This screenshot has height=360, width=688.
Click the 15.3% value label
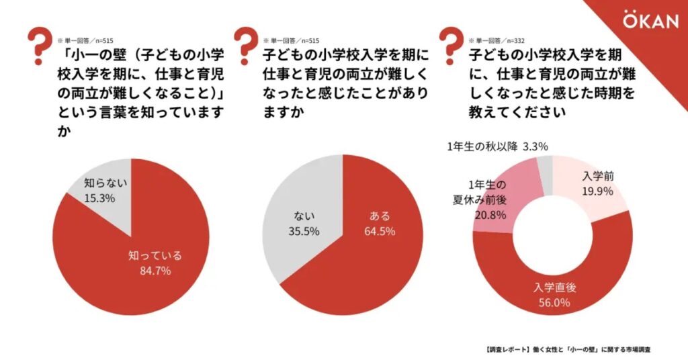tap(99, 198)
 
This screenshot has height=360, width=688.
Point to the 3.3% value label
tap(536, 146)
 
